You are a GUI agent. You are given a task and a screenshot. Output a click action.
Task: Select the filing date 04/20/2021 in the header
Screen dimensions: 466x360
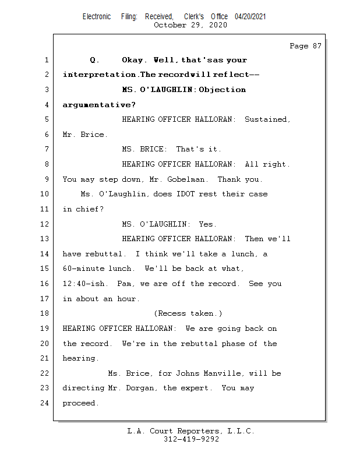(250, 17)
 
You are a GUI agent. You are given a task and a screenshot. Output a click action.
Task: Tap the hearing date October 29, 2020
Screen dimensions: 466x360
(191, 25)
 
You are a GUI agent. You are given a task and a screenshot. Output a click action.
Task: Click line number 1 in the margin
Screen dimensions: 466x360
(45, 60)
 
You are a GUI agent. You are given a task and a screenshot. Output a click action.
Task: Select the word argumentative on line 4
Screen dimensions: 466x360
(97, 105)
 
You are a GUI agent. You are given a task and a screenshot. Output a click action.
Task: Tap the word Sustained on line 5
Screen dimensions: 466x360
(266, 119)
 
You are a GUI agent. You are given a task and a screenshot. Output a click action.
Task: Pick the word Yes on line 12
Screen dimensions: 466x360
(207, 224)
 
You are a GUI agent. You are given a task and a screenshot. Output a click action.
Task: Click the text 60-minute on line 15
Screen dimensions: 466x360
(84, 269)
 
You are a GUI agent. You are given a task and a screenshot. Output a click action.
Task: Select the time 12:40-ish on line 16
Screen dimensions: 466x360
(85, 284)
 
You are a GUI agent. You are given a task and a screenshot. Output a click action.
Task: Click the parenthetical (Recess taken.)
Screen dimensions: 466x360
(188, 313)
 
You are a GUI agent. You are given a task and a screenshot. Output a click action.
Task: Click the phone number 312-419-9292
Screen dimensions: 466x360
(191, 439)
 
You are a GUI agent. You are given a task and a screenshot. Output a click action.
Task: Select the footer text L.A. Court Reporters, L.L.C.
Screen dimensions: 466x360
(191, 431)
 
